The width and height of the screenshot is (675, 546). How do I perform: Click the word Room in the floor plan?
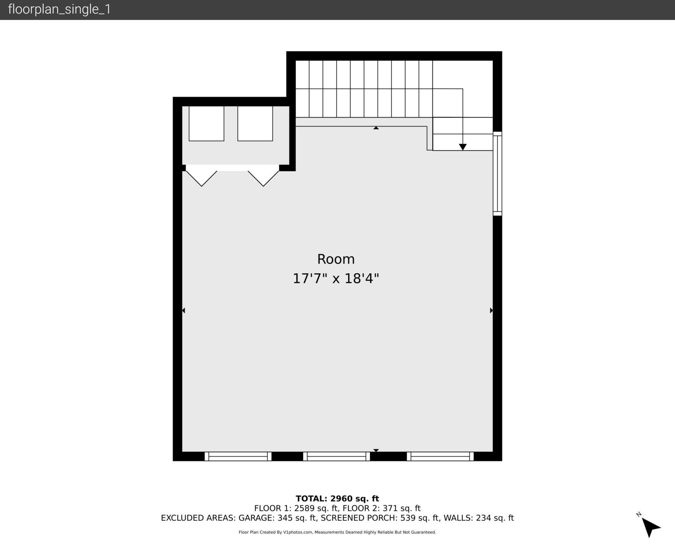coord(336,259)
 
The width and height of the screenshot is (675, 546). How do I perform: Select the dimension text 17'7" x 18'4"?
coord(336,279)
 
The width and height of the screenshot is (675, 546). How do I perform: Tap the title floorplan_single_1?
coord(59,9)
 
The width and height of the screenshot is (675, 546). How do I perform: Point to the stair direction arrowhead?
coord(463,147)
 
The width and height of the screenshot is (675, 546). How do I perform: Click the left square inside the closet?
coord(206,123)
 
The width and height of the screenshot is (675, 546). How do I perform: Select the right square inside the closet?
coord(255,123)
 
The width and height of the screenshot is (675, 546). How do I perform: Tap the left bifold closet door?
coord(201,178)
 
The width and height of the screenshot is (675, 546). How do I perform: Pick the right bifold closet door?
coord(263,178)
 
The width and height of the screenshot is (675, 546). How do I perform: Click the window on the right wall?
coord(497,173)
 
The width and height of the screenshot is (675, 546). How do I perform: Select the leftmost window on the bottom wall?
coord(238,456)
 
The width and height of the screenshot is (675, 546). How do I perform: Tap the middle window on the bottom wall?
coord(336,456)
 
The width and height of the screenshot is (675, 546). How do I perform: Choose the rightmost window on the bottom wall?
coord(440,456)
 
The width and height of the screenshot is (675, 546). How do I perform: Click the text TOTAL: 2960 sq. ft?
coord(337,499)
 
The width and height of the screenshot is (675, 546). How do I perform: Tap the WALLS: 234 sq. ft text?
coord(478,518)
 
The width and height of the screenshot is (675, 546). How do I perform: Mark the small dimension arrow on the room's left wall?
coord(183,310)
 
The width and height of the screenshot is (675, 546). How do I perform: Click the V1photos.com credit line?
coord(337,532)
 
